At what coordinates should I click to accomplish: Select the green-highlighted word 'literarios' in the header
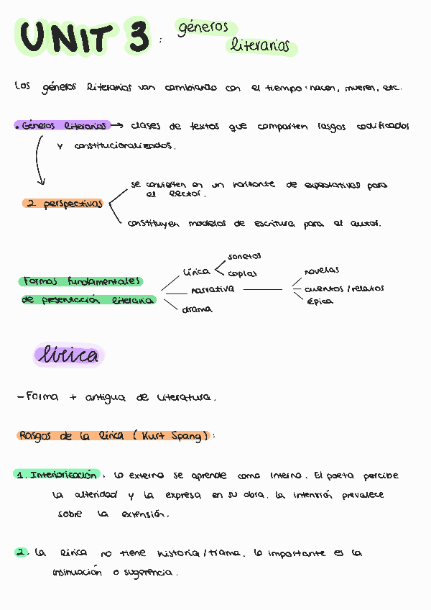point(260,46)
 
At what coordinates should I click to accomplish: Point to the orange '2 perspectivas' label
point(64,204)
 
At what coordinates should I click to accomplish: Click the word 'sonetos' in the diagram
point(244,256)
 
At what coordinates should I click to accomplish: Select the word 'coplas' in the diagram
point(242,273)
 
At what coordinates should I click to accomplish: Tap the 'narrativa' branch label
point(212,289)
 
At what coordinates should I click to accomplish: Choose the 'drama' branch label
point(197,309)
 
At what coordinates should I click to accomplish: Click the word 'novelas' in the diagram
point(322,271)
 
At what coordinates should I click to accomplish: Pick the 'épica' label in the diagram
point(320,301)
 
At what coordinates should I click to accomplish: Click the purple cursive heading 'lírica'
point(70,355)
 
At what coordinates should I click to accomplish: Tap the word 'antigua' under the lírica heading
point(105,397)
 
